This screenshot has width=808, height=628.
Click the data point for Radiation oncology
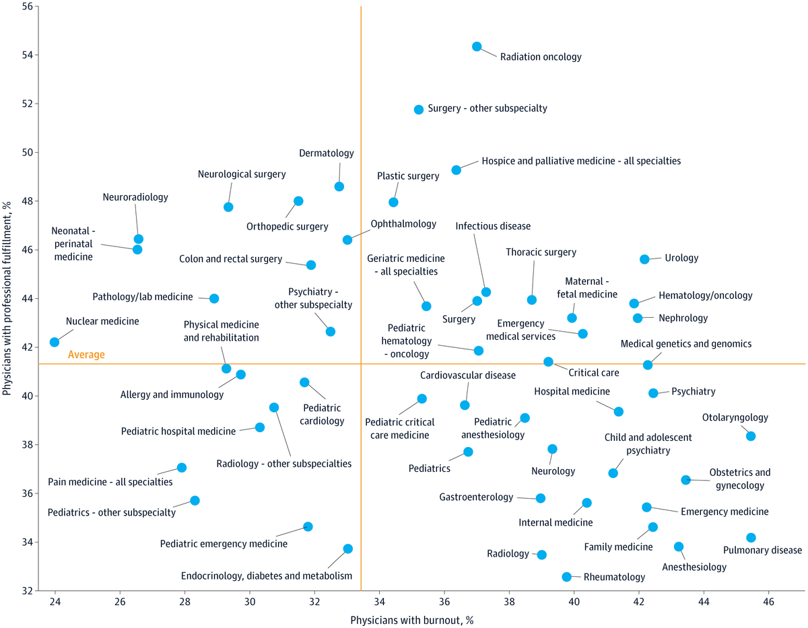477,46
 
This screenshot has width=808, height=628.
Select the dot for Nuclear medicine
55,342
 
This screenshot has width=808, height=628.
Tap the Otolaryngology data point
751,436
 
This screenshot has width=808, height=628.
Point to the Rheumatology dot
567,577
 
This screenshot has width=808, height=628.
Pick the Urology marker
644,259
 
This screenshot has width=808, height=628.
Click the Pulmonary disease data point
751,537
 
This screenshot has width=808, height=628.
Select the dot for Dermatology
339,186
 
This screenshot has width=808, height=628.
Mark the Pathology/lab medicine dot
214,298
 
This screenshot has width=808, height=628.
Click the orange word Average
86,355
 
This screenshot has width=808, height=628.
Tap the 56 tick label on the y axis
28,6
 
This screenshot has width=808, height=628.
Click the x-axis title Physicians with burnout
412,619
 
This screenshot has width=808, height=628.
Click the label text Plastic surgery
408,176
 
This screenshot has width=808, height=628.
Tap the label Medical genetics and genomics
686,344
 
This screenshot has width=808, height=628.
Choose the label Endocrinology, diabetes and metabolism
267,575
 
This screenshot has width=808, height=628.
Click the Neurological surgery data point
228,207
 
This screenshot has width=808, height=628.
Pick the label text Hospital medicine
572,391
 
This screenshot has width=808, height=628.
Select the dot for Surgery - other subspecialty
419,109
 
